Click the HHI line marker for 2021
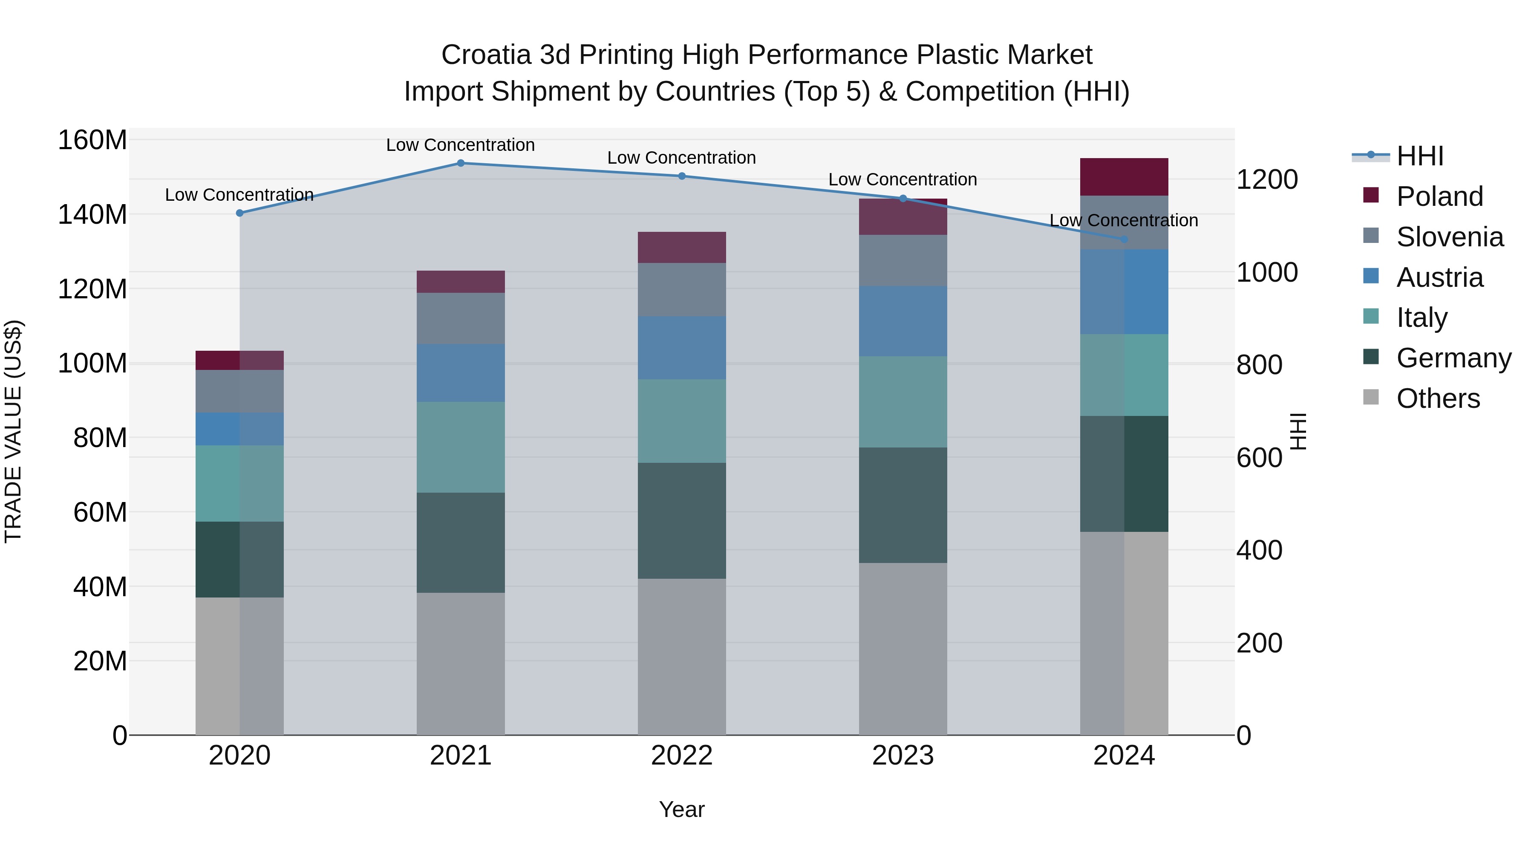point(460,163)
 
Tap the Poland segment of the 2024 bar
point(1124,177)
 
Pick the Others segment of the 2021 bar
point(460,664)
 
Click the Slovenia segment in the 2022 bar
point(682,289)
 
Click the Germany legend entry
point(1453,358)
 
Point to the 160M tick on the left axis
point(92,141)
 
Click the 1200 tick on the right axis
point(1267,180)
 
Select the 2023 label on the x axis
point(903,756)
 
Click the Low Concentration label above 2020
point(239,195)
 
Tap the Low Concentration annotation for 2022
point(682,158)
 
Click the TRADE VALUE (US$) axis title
point(13,431)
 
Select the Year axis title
point(682,809)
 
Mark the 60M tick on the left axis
point(100,512)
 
